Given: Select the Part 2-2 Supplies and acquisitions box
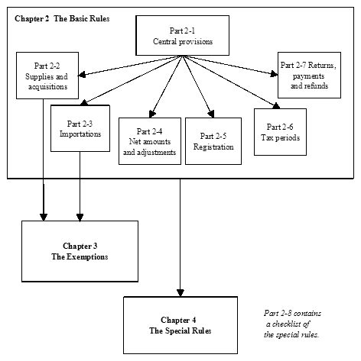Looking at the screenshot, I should (47, 76).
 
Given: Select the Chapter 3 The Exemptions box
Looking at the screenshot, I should (80, 251).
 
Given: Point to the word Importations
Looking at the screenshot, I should (80, 132).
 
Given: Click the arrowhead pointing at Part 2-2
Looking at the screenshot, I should (82, 75).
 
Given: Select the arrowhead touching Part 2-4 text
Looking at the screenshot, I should (154, 112).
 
